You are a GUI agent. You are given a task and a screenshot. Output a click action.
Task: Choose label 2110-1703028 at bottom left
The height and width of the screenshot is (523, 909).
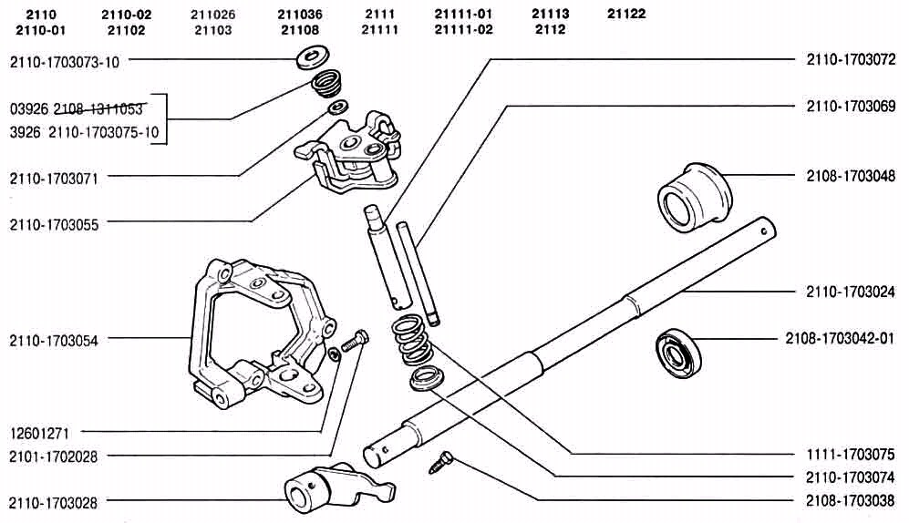65,500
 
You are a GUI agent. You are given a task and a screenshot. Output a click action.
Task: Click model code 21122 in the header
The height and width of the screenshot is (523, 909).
626,15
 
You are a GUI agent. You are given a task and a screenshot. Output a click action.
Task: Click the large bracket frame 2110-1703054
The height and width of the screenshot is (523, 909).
255,337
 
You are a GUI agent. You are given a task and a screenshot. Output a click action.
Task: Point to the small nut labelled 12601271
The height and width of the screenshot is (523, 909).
336,354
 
